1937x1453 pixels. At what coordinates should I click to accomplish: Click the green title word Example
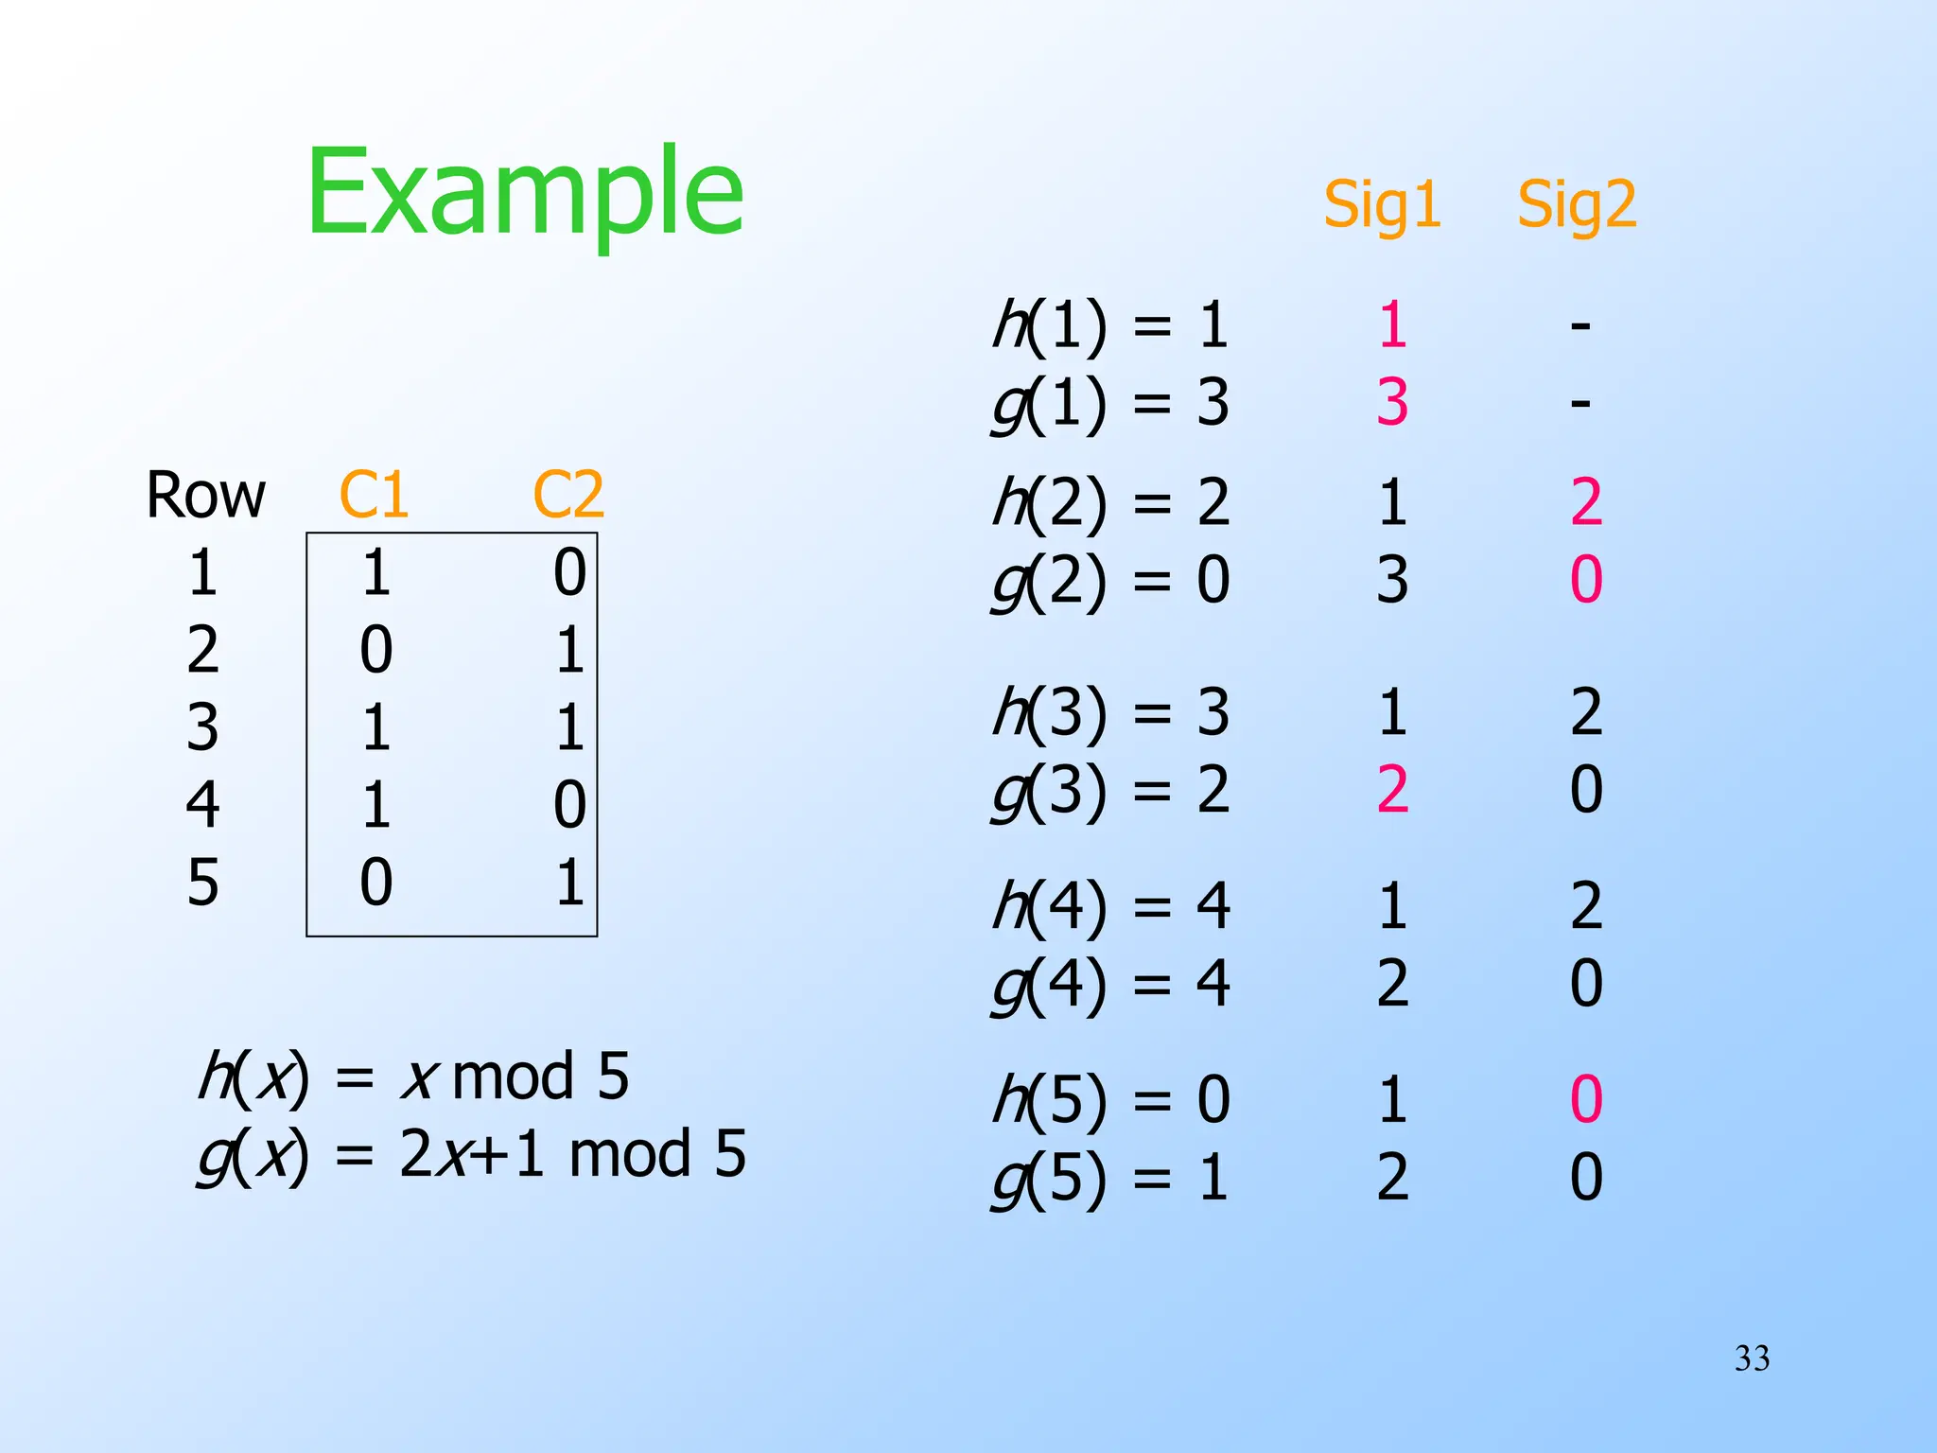[x=525, y=194]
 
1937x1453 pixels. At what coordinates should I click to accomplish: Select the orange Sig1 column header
[x=1382, y=204]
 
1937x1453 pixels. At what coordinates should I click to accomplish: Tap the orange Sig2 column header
[x=1577, y=204]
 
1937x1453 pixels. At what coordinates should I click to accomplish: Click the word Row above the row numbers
[x=205, y=495]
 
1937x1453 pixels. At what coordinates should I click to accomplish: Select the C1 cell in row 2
[x=375, y=650]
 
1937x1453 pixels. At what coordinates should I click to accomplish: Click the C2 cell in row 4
[x=569, y=805]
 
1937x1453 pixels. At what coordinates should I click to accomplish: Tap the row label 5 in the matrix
[x=202, y=883]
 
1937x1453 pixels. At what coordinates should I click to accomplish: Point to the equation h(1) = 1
[x=1110, y=324]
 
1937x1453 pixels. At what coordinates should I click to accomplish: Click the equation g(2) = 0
[x=1110, y=580]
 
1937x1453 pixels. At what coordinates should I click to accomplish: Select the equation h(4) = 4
[x=1110, y=906]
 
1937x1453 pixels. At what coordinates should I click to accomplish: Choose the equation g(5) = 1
[x=1110, y=1178]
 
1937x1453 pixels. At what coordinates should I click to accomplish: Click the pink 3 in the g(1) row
[x=1392, y=402]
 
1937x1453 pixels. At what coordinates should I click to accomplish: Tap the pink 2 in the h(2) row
[x=1586, y=502]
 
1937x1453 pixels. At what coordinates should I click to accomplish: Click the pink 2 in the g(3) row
[x=1392, y=790]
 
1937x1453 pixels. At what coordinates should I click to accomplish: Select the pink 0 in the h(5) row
[x=1586, y=1099]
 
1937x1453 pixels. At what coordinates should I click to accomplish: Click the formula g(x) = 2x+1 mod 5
[x=472, y=1155]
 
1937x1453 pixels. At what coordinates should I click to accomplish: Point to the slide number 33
[x=1752, y=1358]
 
